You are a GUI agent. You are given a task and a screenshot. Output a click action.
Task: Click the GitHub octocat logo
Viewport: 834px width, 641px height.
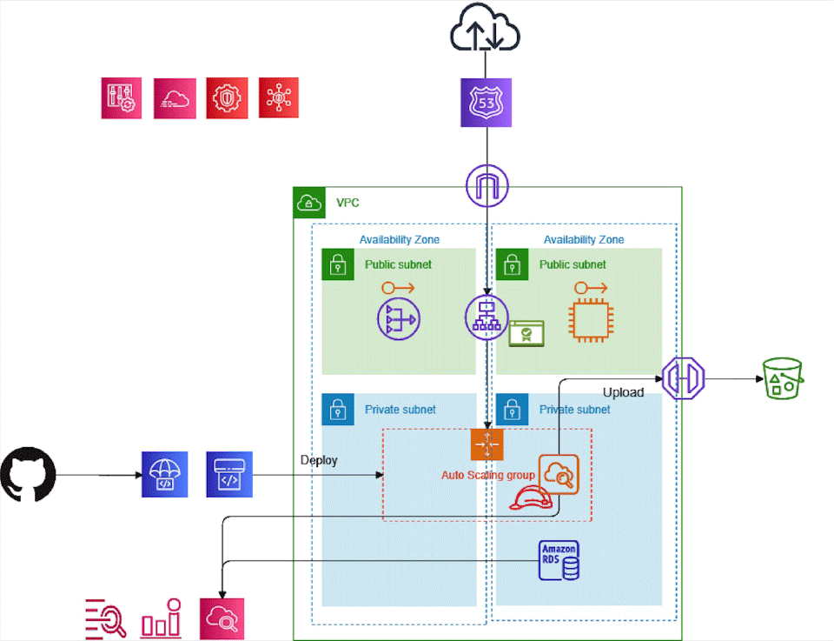point(29,475)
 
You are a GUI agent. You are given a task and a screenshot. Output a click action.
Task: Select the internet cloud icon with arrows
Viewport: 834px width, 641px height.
point(485,34)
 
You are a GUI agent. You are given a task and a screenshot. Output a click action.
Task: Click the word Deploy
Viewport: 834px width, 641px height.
point(319,460)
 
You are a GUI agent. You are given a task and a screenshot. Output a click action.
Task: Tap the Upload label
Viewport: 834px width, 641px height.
point(623,392)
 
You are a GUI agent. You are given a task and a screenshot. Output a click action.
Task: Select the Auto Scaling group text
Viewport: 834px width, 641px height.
point(488,476)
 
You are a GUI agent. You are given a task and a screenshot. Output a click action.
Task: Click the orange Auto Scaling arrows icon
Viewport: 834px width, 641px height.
point(487,444)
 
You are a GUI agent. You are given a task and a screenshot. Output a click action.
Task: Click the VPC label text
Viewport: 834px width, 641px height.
point(347,203)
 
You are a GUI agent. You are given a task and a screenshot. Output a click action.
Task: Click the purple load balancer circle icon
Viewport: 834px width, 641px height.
point(486,316)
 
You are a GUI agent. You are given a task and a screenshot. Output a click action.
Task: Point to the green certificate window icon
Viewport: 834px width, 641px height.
point(526,334)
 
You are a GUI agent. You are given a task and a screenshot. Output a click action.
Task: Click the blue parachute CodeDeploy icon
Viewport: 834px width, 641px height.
point(165,475)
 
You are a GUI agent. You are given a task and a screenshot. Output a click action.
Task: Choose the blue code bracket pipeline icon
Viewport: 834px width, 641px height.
point(229,475)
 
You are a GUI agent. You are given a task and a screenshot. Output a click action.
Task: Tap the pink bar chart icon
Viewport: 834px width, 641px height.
point(161,618)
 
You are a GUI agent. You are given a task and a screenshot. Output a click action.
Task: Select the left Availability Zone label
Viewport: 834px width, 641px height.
point(400,239)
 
